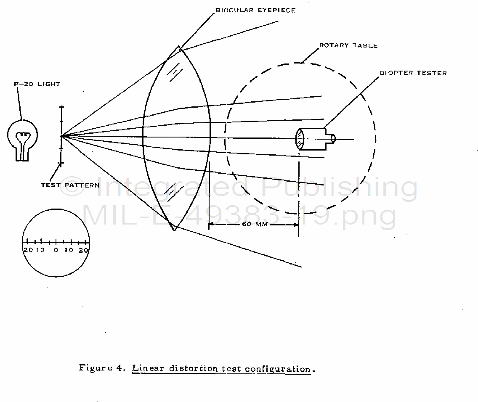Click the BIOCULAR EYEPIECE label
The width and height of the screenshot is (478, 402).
tap(255, 10)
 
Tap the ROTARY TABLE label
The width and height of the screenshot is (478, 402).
tap(348, 45)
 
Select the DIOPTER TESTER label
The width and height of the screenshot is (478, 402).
tap(413, 73)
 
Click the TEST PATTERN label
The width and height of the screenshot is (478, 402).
tap(70, 185)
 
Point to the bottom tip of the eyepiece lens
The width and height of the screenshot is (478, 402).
tap(175, 229)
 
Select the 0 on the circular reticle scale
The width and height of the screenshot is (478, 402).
tap(56, 250)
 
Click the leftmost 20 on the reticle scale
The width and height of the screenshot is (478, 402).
tap(28, 250)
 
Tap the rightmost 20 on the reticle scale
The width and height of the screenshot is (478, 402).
tap(84, 250)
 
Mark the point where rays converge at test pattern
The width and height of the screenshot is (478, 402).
tap(61, 136)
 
